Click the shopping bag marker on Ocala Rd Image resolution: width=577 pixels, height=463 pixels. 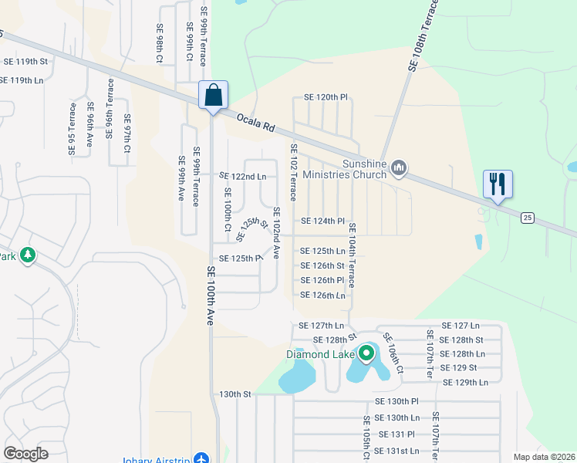point(213,96)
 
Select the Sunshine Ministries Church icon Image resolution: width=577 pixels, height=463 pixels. point(399,167)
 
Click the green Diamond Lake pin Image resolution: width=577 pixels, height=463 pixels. point(366,355)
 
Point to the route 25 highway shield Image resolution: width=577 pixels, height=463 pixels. point(528,218)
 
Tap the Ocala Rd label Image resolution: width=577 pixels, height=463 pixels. point(256,122)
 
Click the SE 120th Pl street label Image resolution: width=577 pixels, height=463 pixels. point(326,97)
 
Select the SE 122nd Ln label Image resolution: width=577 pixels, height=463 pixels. point(243,177)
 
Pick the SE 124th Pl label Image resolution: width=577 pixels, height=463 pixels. point(322,221)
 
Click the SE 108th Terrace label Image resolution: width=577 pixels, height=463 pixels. point(423,36)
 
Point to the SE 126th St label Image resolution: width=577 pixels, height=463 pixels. point(322,266)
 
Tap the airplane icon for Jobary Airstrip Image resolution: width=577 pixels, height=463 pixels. point(202,458)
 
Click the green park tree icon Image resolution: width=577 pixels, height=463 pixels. point(28,255)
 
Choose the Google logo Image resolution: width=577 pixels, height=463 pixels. point(26,453)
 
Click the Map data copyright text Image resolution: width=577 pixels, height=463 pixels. point(543,457)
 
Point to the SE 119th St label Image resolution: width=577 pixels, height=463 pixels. point(26,61)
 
